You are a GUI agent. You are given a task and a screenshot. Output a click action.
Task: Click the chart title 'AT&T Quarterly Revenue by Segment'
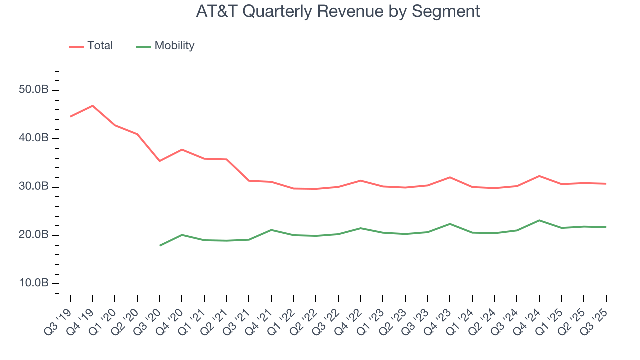(x=338, y=11)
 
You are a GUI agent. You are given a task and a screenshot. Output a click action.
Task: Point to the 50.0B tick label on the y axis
(x=34, y=90)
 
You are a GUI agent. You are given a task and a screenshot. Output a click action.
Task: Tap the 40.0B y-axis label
(x=34, y=138)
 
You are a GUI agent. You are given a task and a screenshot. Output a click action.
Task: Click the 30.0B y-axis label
(x=34, y=187)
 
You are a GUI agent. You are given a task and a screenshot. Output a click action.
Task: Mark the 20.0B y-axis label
(x=34, y=235)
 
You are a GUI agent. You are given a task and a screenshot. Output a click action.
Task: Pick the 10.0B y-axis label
(x=34, y=283)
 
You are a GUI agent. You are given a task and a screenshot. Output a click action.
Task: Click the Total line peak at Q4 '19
(x=92, y=106)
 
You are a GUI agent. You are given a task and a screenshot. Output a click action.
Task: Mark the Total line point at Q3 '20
(x=159, y=161)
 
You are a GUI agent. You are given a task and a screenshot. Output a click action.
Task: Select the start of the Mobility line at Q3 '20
(x=159, y=245)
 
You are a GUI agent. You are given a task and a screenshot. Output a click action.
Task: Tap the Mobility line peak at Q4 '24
(x=539, y=220)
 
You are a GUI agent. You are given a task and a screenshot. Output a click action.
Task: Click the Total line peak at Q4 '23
(x=450, y=177)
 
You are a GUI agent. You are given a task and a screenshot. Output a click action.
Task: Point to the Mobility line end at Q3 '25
(x=606, y=227)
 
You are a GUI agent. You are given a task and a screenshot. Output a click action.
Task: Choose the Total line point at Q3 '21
(x=249, y=181)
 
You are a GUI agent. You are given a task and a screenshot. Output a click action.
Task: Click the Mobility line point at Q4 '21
(x=271, y=230)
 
